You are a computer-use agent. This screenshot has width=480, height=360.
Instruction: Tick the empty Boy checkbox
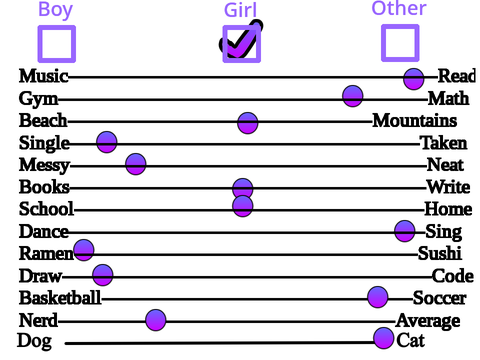[x=57, y=44]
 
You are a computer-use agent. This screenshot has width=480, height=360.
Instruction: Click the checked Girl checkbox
[x=242, y=44]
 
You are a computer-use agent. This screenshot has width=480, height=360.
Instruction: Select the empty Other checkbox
[x=400, y=43]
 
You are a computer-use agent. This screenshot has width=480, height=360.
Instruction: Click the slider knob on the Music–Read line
[x=414, y=79]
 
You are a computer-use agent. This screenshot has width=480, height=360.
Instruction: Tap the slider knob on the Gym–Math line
[x=353, y=96]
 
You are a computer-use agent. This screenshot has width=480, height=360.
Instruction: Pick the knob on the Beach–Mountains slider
[x=248, y=123]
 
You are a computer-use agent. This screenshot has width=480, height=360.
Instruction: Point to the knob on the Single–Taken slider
[x=107, y=142]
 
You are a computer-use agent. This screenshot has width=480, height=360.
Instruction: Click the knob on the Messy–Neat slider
[x=136, y=164]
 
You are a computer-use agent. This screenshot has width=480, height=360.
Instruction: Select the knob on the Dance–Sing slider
[x=405, y=231]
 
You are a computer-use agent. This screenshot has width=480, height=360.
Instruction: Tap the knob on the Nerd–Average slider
[x=156, y=320]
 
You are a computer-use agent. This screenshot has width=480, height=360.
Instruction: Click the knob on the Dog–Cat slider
[x=384, y=338]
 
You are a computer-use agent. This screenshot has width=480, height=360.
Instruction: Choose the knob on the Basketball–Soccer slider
[x=378, y=297]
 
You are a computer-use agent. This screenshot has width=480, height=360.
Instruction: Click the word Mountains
[x=415, y=120]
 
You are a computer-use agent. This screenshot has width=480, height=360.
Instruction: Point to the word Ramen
[x=46, y=253]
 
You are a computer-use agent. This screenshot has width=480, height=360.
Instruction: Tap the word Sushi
[x=440, y=253]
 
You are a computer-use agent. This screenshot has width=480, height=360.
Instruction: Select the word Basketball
[x=60, y=298]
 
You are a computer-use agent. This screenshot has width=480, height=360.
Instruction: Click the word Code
[x=453, y=276]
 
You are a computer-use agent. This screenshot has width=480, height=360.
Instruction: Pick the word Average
[x=428, y=321]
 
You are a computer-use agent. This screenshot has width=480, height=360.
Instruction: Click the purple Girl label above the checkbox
[x=241, y=10]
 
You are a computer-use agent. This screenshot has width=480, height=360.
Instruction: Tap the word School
[x=46, y=209]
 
